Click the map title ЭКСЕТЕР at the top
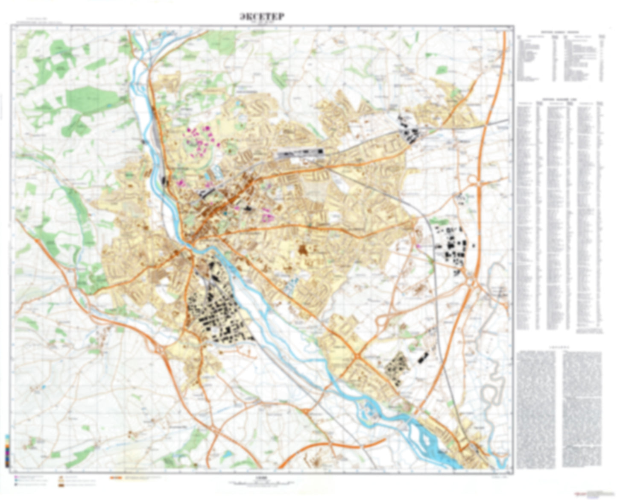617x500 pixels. [262, 17]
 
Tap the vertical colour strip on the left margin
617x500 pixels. [7, 451]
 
